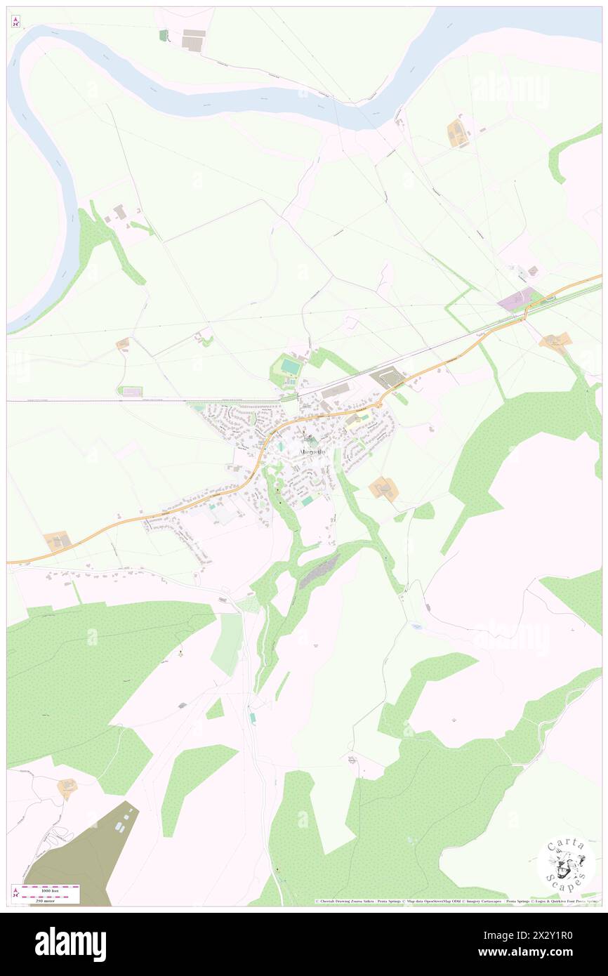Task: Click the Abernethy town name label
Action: pyautogui.click(x=311, y=451)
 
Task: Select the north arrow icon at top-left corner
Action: pyautogui.click(x=15, y=22)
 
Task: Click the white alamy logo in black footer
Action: pyautogui.click(x=70, y=944)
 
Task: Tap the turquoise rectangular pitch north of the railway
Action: pyautogui.click(x=289, y=366)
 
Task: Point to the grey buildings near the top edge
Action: pyautogui.click(x=193, y=40)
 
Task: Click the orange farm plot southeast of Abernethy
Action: pyautogui.click(x=384, y=488)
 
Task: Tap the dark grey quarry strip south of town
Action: pyautogui.click(x=320, y=570)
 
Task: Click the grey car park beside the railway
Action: pyautogui.click(x=388, y=378)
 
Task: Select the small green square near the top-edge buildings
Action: pyautogui.click(x=164, y=35)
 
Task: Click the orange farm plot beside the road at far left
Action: pyautogui.click(x=57, y=541)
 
